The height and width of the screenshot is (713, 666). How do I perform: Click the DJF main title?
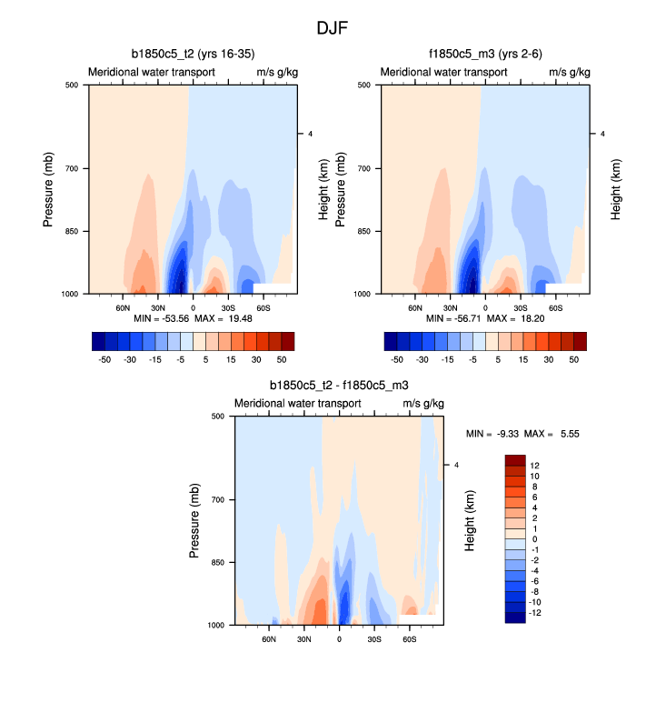click(333, 28)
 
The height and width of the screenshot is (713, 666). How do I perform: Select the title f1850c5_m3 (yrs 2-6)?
click(484, 54)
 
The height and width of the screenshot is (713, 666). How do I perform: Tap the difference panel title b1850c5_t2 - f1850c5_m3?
click(339, 386)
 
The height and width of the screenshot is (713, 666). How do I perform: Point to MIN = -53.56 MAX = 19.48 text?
click(193, 319)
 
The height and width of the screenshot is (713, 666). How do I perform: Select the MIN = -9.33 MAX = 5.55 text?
click(522, 434)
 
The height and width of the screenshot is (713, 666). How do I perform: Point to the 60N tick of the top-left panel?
click(124, 307)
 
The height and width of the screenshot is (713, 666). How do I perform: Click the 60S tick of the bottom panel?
click(409, 639)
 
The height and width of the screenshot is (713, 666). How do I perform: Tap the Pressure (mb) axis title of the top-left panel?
click(49, 190)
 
